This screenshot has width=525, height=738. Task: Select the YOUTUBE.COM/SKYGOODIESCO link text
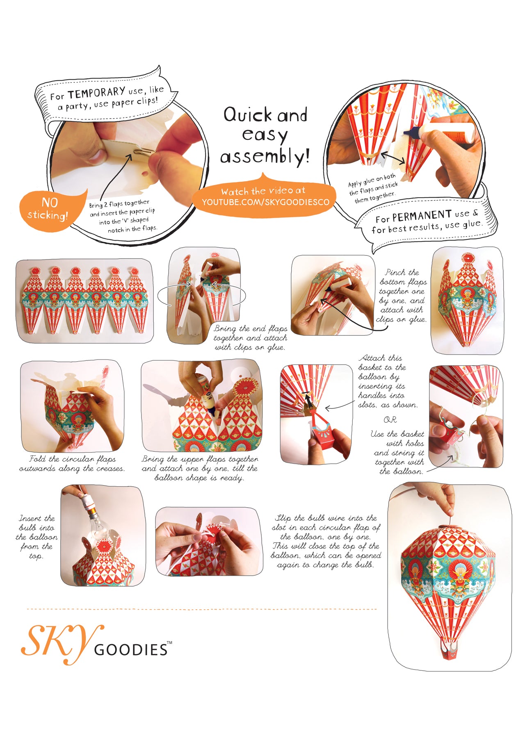coord(265,202)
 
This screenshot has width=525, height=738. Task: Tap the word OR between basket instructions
coord(390,420)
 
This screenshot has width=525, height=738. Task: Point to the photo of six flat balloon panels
coord(84,301)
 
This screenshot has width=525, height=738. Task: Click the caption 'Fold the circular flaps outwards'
coord(72,464)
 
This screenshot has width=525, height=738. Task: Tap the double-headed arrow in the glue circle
coord(393,158)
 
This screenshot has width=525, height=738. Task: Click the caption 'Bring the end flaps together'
coord(250,338)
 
